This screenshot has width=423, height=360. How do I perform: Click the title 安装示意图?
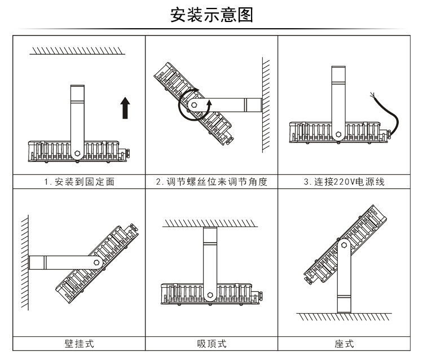pos(211,15)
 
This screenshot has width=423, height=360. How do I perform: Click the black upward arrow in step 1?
pos(125,108)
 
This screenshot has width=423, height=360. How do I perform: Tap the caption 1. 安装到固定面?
pos(80,182)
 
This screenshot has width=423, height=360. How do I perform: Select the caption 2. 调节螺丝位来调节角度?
pos(211,182)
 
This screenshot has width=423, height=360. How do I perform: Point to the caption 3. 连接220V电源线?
pos(344,182)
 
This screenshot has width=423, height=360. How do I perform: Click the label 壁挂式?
pos(80,344)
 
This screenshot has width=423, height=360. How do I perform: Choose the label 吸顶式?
pos(211,344)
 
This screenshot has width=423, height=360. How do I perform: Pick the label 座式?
pos(344,344)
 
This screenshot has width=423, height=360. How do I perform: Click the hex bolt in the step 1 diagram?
pos(77,153)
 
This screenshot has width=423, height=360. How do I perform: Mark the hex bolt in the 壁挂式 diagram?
pos(96,262)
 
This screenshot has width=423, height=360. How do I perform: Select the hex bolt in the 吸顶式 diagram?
pos(210,295)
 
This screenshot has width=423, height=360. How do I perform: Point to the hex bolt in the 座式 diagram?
pos(344,245)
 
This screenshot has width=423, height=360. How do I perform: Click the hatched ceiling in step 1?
pos(77,51)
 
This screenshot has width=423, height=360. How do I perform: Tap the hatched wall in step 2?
pos(266,105)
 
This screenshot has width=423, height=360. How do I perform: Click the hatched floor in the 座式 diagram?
pos(344,317)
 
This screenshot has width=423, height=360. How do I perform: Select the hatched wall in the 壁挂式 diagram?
pos(25,262)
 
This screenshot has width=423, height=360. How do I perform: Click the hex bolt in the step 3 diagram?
pos(338,134)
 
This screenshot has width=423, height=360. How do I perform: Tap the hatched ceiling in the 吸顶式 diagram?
pos(210,223)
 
